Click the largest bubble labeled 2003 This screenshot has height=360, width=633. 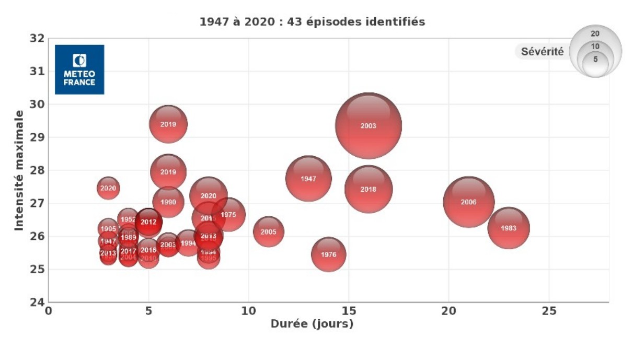pos(369,126)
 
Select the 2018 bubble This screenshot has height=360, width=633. pos(369,189)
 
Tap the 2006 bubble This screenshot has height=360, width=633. pos(469,202)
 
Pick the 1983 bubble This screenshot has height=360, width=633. pos(509,228)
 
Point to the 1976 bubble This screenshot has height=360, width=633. pos(328,254)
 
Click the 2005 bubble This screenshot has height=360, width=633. pos(268,232)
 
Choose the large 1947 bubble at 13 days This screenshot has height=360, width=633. pos(308,179)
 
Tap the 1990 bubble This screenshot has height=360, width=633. pos(168,202)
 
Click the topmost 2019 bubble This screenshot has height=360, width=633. pos(168,124)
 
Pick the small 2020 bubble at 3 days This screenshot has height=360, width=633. pos(108,188)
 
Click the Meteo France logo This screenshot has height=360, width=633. pos(79,69)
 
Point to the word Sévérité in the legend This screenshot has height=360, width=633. pos(542,52)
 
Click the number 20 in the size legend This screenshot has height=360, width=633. pos(595,33)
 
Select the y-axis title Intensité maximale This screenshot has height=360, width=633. pos(19,170)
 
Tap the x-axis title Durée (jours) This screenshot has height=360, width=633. pos(312,324)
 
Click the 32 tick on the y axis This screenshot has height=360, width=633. pos(37,38)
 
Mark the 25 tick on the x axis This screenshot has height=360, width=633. pos(548,310)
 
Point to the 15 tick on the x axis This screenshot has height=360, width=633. pos(348,310)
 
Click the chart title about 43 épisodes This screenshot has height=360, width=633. pos(312,22)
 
